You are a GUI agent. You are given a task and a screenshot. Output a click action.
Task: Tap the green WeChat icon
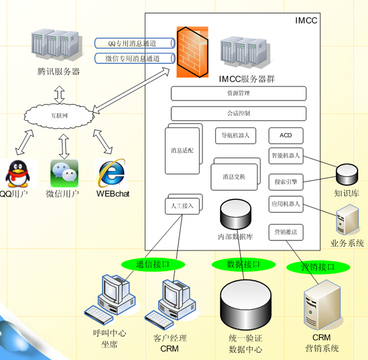64,174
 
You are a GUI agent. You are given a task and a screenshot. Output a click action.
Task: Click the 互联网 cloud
59,115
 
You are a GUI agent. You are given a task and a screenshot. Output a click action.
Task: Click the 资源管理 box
238,94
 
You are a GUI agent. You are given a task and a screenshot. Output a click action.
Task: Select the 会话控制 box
238,113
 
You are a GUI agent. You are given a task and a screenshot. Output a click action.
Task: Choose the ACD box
286,136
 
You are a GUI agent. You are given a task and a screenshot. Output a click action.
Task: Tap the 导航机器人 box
236,136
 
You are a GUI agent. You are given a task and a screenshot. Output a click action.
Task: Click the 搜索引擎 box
286,182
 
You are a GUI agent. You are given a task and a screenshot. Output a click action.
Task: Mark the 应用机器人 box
286,204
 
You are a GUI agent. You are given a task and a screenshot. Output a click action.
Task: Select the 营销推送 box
286,232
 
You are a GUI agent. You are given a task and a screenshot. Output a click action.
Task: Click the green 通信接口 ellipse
152,264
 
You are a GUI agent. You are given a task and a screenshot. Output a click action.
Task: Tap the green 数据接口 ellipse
243,264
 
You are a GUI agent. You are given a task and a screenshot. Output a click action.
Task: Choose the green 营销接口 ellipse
318,267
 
